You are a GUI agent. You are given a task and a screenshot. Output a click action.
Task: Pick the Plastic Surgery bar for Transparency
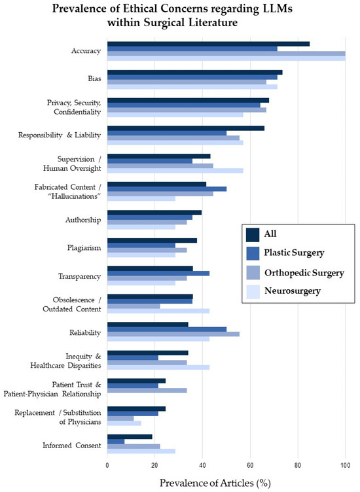(x=158, y=273)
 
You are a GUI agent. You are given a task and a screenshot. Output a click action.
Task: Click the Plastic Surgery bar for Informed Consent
(x=115, y=441)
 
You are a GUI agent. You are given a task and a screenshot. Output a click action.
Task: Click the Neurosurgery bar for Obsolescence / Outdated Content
(x=158, y=311)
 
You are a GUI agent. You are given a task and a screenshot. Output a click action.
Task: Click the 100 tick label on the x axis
(x=345, y=465)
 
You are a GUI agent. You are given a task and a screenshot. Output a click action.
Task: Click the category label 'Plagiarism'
(x=84, y=248)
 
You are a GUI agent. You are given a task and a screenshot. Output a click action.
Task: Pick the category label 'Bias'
(x=93, y=79)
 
